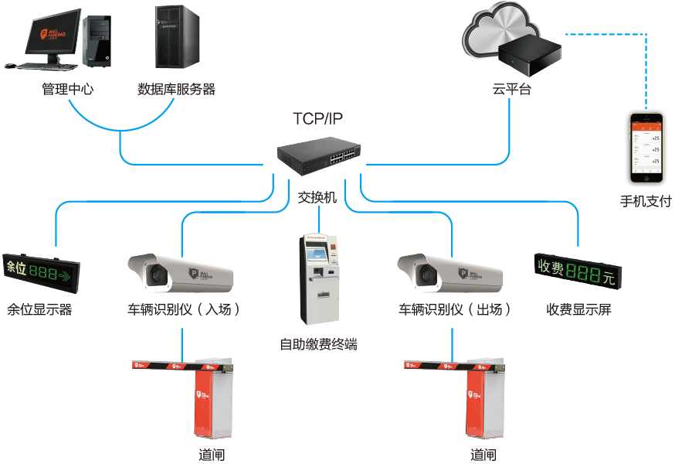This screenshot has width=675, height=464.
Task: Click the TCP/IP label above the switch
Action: pos(317,118)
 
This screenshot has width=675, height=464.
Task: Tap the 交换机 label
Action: pos(317,197)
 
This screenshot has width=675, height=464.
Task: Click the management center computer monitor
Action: pos(53,35)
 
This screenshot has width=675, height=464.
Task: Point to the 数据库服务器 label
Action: pos(176,89)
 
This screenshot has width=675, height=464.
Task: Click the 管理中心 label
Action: pos(68,89)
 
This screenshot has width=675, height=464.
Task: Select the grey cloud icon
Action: pos(494,31)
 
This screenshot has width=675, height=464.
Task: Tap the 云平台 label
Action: pos(512,89)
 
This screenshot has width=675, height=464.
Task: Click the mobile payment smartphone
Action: pos(646,148)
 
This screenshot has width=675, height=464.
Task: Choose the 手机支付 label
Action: pos(646,202)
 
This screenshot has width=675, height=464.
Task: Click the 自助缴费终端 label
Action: pos(318,344)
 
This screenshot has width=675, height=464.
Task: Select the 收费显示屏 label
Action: pos(578,309)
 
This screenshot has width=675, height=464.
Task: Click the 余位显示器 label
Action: pos(39,309)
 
